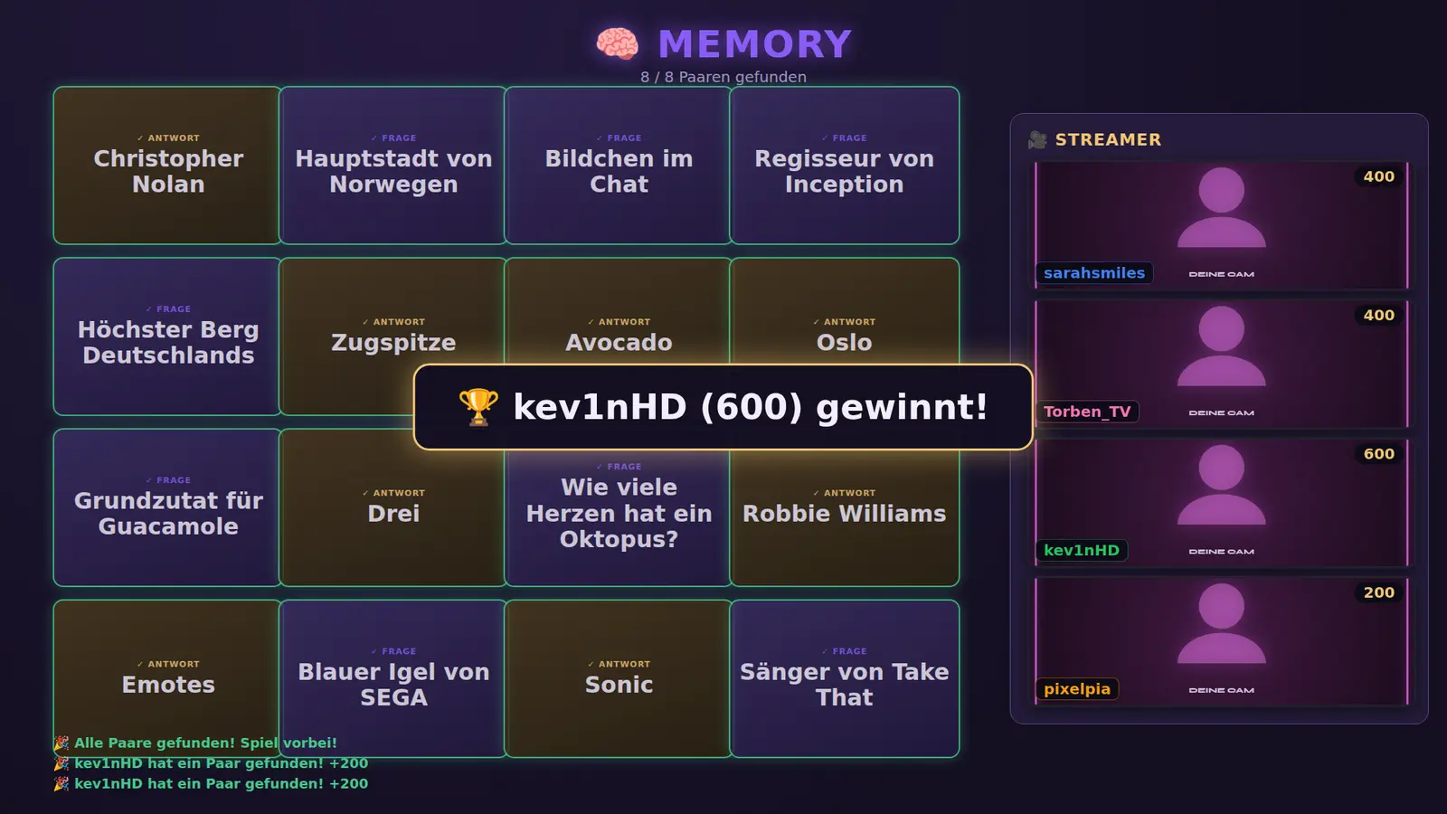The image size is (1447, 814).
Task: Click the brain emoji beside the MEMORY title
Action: [617, 44]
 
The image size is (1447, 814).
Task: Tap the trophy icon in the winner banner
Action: [478, 407]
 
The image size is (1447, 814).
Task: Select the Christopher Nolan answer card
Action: [167, 166]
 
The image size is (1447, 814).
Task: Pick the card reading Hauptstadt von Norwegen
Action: [392, 166]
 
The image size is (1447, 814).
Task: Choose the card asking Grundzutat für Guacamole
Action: [167, 507]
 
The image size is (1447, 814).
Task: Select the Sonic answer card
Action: [619, 678]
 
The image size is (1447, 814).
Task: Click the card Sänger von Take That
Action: [845, 678]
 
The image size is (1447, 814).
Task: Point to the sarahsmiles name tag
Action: [1093, 273]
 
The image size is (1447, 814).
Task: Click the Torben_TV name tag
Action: [1086, 412]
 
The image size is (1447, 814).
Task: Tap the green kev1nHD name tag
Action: [1082, 551]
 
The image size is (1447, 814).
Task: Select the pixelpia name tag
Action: [1077, 688]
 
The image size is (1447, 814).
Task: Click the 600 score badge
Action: [1378, 453]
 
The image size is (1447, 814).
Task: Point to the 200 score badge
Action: [1378, 592]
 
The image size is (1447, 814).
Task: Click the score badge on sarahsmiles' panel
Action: [1378, 176]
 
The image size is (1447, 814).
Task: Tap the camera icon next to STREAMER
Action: [1037, 139]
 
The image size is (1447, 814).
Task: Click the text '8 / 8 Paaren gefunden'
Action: [723, 77]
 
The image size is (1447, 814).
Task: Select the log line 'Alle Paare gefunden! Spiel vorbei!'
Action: [205, 743]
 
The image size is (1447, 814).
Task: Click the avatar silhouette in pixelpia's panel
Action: [1221, 624]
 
